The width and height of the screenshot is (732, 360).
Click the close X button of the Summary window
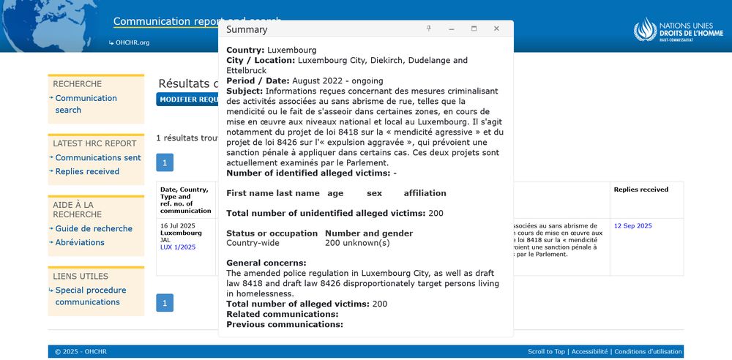(x=496, y=29)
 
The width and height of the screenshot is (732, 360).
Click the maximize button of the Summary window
(x=474, y=29)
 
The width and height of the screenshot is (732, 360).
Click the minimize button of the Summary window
(x=452, y=29)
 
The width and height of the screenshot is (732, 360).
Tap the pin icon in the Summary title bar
(x=429, y=29)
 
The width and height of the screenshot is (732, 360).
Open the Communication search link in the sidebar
(x=86, y=104)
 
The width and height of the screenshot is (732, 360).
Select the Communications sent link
(x=98, y=157)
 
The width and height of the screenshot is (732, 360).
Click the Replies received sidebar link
(x=87, y=171)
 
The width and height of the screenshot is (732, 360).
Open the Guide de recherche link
(x=94, y=228)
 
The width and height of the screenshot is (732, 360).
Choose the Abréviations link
(x=80, y=242)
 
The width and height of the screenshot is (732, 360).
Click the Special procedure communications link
(x=90, y=296)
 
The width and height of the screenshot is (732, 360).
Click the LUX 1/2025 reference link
(x=178, y=247)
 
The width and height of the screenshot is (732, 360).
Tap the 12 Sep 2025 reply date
(x=632, y=226)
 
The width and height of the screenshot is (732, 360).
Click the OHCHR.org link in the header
(x=132, y=42)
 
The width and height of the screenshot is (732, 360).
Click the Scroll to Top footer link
(x=546, y=352)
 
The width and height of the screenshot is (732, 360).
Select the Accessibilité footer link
(x=589, y=352)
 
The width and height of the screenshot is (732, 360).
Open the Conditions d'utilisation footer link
(x=648, y=352)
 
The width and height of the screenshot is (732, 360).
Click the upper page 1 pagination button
(x=165, y=162)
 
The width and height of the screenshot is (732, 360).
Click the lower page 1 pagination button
(x=165, y=303)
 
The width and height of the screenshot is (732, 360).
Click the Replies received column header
(x=640, y=190)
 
